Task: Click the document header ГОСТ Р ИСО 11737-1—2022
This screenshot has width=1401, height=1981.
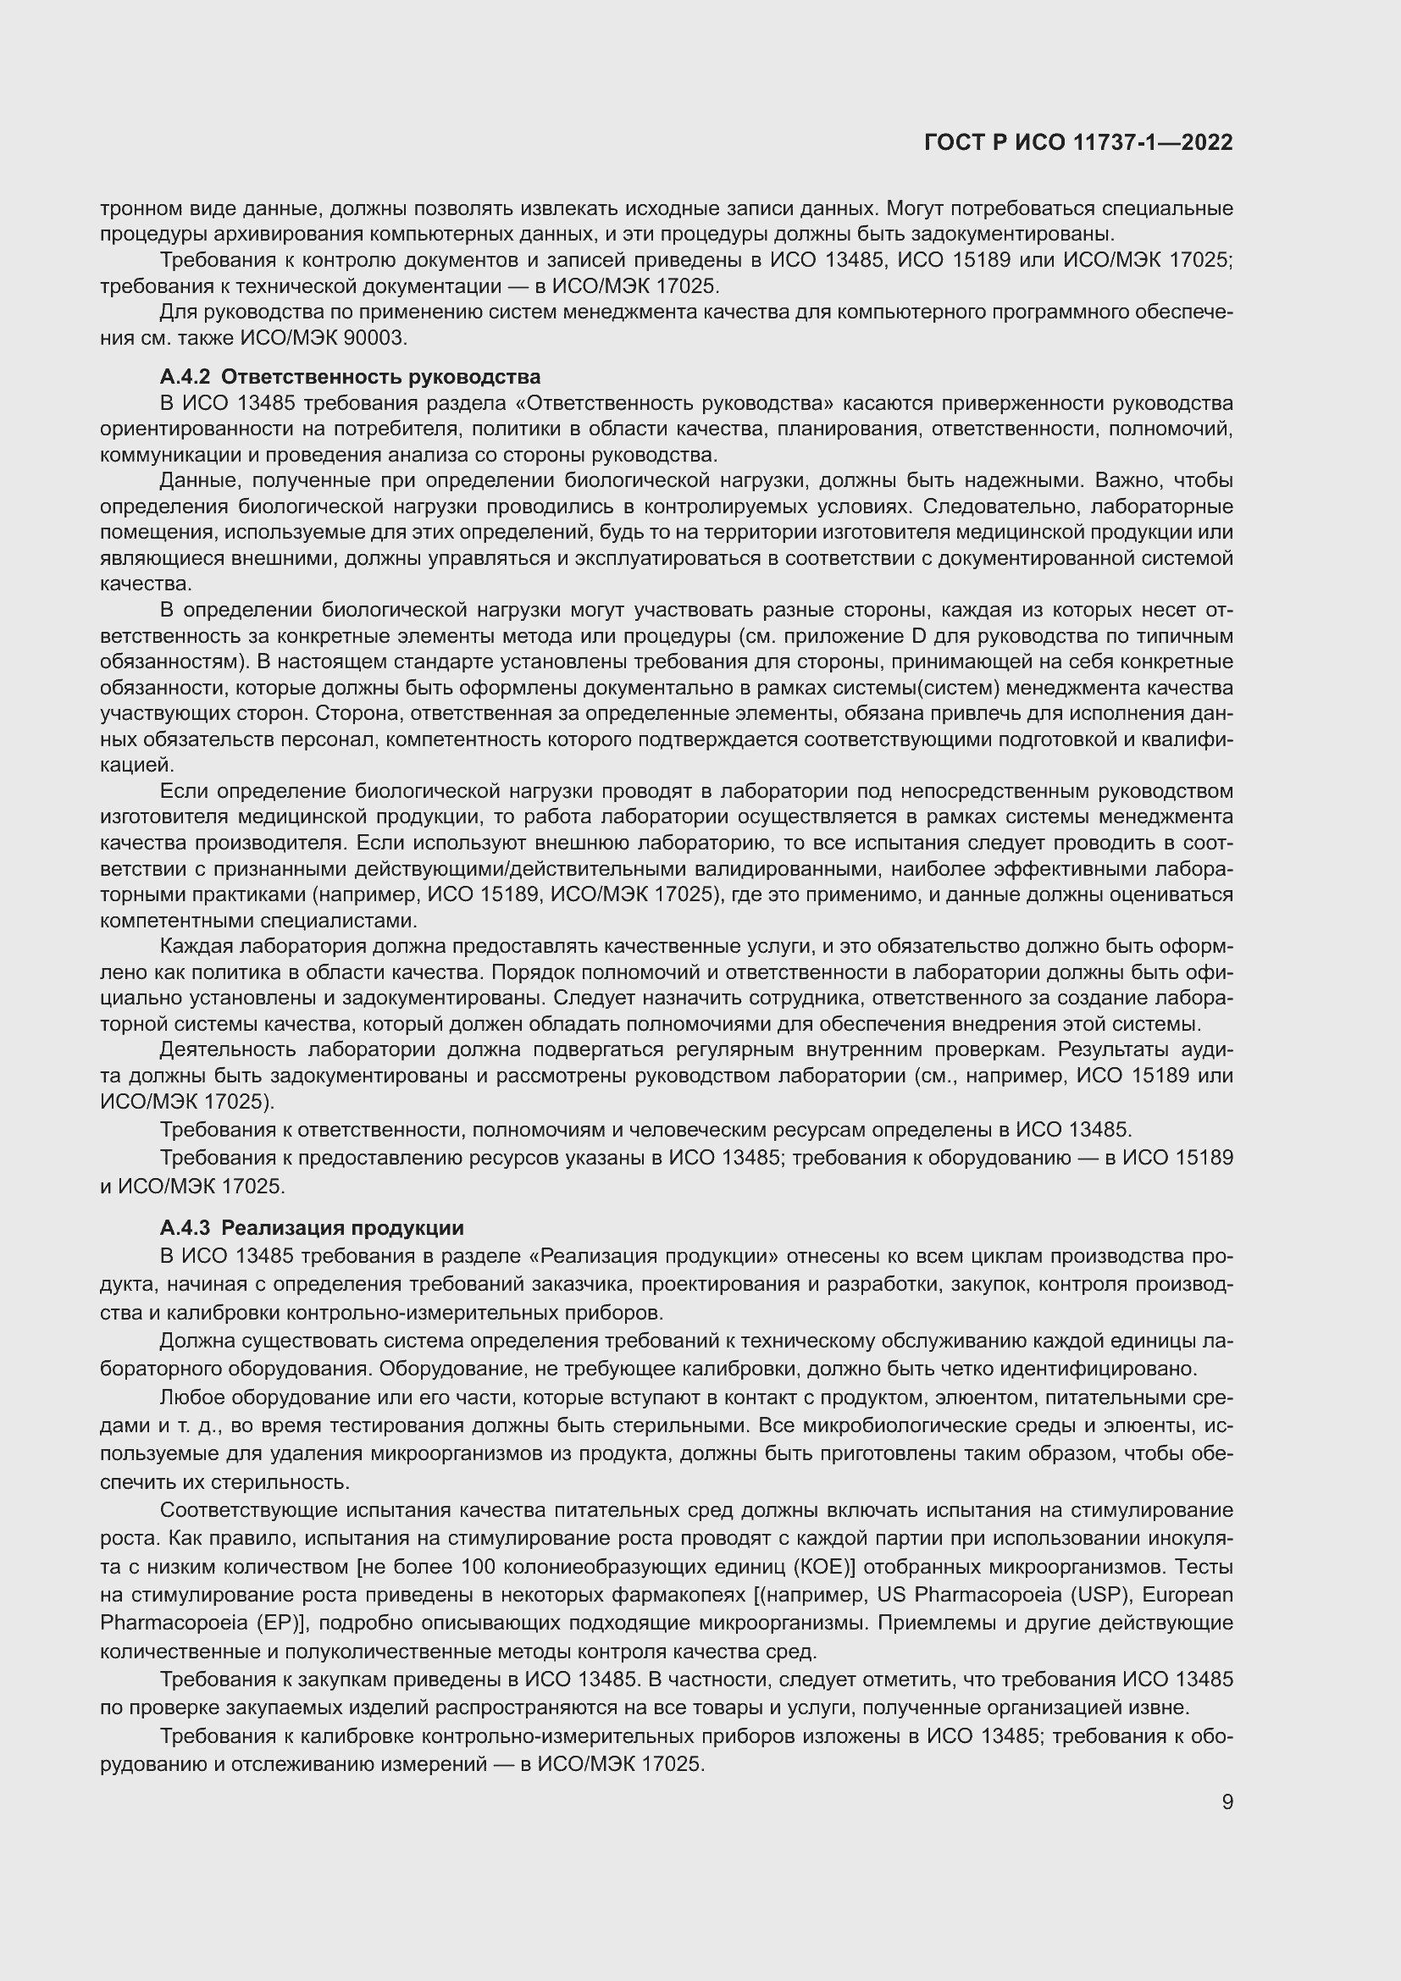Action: tap(1077, 143)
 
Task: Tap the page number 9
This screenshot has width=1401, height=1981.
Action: tap(1227, 1802)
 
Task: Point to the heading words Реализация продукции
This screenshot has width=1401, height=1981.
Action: tap(342, 1228)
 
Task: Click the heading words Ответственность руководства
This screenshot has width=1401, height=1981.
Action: tap(380, 377)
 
